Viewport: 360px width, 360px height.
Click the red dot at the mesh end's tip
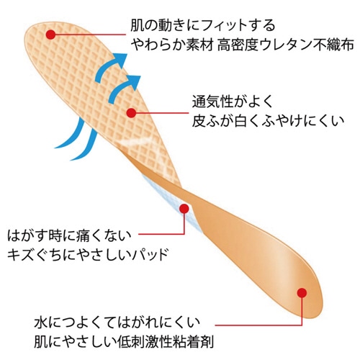click(x=50, y=35)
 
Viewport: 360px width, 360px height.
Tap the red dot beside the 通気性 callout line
click(x=131, y=112)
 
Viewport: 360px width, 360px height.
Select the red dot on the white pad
click(x=184, y=209)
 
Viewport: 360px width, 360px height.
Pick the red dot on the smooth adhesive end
click(x=302, y=292)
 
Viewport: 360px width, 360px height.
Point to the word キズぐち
click(x=33, y=255)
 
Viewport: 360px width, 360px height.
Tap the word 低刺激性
click(x=146, y=341)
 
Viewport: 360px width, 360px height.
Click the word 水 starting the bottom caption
click(x=40, y=323)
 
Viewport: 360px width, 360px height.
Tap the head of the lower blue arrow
click(x=133, y=82)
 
